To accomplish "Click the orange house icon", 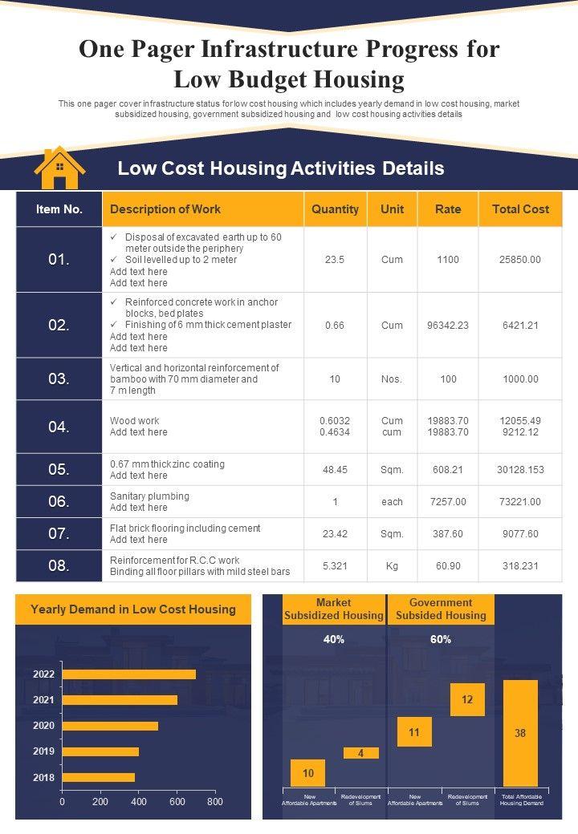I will (59, 168).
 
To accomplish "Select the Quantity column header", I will (335, 209).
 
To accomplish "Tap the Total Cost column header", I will (520, 209).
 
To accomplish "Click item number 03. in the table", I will (59, 379).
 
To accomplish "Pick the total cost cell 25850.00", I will (520, 260).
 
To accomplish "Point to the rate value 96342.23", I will (448, 325).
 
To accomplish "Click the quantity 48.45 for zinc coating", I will (335, 469).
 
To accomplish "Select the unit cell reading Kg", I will (392, 565).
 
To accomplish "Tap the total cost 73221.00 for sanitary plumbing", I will (520, 501).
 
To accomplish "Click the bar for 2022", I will (128, 674).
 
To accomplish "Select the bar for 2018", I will (98, 777).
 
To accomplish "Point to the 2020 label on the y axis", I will (43, 726).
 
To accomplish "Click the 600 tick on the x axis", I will (177, 801).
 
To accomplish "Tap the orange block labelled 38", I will (520, 733).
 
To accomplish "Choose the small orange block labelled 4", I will (361, 753).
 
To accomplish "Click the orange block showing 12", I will (467, 699).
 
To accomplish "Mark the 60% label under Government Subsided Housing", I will (441, 639).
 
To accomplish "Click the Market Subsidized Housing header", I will (333, 609).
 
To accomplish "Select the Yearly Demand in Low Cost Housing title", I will (133, 609).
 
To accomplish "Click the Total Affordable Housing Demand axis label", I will (522, 800).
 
